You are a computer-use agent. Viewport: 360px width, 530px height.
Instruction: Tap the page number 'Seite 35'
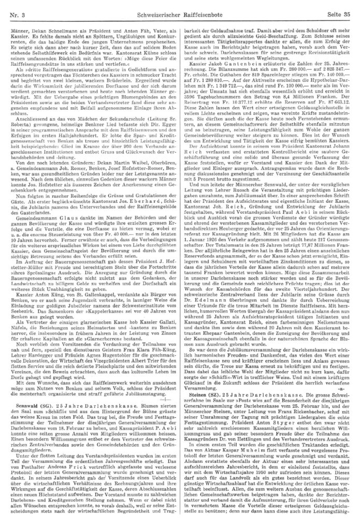pos(337,6)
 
